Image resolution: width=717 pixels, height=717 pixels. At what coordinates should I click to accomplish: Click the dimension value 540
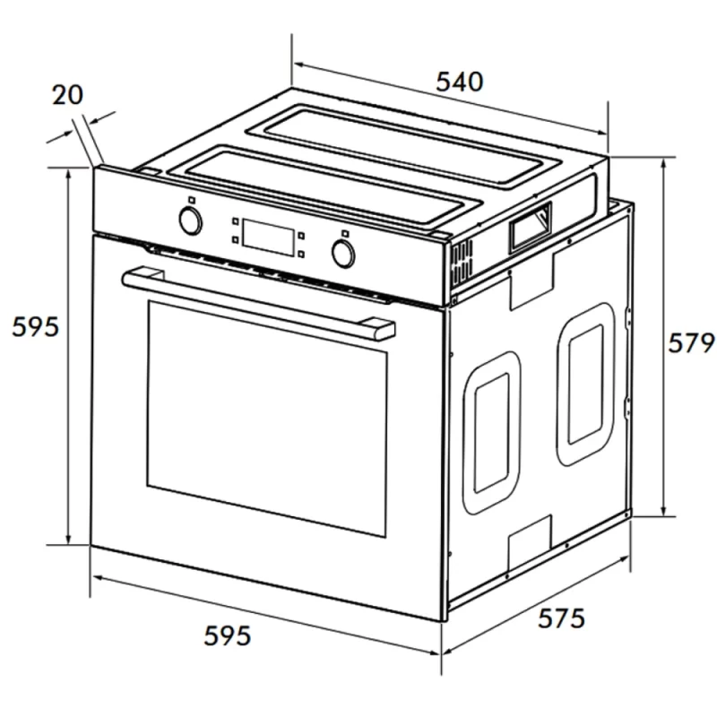pos(459,82)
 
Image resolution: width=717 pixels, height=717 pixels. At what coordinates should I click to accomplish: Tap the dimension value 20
pos(68,95)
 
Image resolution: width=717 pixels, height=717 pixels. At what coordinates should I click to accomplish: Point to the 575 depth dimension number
pos(561,618)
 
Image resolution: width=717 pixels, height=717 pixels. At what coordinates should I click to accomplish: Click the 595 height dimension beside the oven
pos(35,326)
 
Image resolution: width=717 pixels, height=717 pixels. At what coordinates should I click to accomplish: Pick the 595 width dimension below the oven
pos(228,635)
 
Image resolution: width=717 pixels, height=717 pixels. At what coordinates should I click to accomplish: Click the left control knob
pos(190,220)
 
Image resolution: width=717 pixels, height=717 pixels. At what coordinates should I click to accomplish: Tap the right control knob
pos(342,253)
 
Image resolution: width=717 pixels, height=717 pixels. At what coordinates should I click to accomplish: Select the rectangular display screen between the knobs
pos(267,238)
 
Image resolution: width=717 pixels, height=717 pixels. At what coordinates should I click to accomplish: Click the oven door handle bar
pos(258,304)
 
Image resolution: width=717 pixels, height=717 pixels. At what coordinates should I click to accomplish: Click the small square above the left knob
pos(192,200)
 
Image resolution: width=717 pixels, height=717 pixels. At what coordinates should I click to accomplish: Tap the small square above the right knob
pos(345,233)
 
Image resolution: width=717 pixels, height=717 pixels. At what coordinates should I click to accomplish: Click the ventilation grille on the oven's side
pos(462,263)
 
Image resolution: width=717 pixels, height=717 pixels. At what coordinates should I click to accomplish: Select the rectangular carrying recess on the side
pos(531,228)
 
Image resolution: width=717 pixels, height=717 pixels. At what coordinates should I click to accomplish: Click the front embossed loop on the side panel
pos(491,433)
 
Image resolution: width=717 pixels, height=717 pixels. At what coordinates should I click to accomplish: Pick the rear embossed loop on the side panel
pos(586,384)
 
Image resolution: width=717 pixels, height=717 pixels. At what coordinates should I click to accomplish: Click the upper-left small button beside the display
pos(235,221)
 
